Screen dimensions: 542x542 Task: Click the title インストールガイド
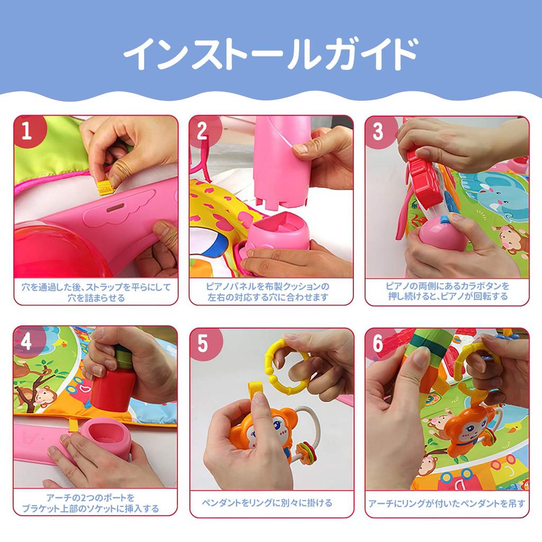pyautogui.click(x=270, y=55)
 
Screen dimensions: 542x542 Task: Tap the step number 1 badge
pyautogui.click(x=27, y=131)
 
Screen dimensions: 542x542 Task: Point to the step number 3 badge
pyautogui.click(x=378, y=131)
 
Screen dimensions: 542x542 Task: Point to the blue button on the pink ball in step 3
pyautogui.click(x=442, y=218)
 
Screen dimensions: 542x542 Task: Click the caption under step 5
pyautogui.click(x=271, y=503)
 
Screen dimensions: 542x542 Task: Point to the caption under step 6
pyautogui.click(x=447, y=503)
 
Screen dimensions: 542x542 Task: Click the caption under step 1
pyautogui.click(x=96, y=292)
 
